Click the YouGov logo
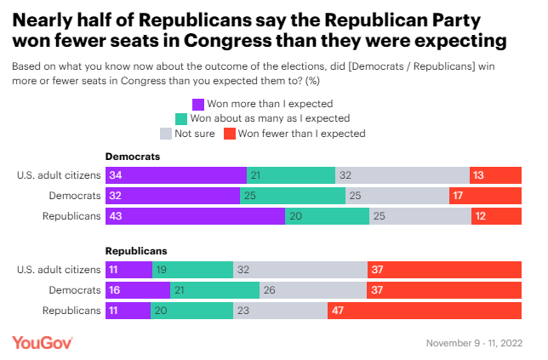(43, 341)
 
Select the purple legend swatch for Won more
(198, 104)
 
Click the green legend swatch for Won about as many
(180, 118)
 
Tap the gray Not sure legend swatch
(166, 134)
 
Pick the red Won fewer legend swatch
(229, 134)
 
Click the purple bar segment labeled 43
(195, 215)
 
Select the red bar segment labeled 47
(424, 310)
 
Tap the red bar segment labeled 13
(495, 175)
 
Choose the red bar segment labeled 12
(496, 215)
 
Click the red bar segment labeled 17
(485, 195)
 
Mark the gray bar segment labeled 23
(280, 310)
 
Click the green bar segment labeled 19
(192, 270)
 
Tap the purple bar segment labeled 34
(175, 175)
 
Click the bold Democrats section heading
(132, 157)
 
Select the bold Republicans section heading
(136, 251)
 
